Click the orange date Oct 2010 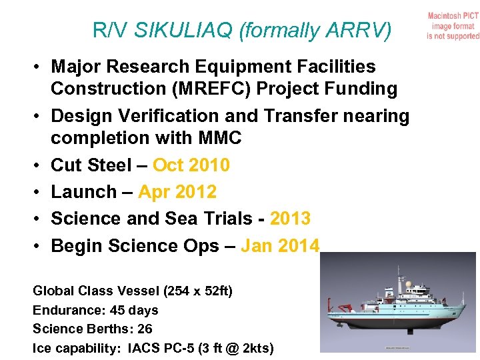tap(191, 165)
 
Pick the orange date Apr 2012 tap(177, 192)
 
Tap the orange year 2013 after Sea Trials tap(291, 219)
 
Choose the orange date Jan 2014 tap(281, 246)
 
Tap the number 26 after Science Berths tap(144, 329)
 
